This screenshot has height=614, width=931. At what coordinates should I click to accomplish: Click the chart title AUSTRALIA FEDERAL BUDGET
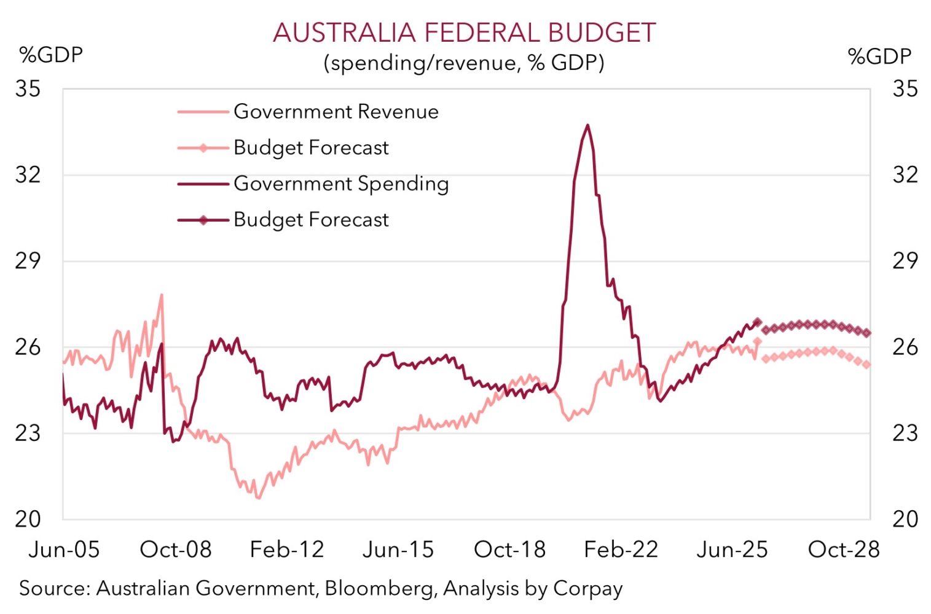464,33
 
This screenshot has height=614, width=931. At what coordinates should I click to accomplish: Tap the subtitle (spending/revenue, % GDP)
464,63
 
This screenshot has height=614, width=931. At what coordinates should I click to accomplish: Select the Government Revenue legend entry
308,111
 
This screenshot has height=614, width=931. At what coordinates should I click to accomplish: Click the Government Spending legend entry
313,184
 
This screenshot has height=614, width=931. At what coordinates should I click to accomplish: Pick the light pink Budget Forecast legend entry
283,147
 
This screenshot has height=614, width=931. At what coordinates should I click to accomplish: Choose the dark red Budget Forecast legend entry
283,220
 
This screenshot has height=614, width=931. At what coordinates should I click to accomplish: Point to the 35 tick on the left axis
28,88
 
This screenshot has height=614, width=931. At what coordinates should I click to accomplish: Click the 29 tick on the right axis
905,261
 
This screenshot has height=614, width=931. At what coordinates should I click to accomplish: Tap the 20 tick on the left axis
28,519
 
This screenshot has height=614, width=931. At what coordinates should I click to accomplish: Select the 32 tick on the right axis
905,174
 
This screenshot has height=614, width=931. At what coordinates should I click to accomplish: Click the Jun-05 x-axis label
64,550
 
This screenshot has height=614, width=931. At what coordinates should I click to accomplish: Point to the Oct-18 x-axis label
509,550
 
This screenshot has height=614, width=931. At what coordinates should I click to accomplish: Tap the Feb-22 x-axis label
621,550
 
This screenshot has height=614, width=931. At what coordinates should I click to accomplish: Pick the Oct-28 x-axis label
844,550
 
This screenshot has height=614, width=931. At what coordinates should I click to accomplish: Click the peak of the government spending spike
587,125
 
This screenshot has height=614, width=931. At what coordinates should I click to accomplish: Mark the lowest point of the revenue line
259,497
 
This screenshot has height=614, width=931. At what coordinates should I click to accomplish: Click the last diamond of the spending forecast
867,333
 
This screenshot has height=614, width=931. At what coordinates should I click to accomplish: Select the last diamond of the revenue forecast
867,365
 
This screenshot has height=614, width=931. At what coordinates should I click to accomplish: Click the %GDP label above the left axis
51,55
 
